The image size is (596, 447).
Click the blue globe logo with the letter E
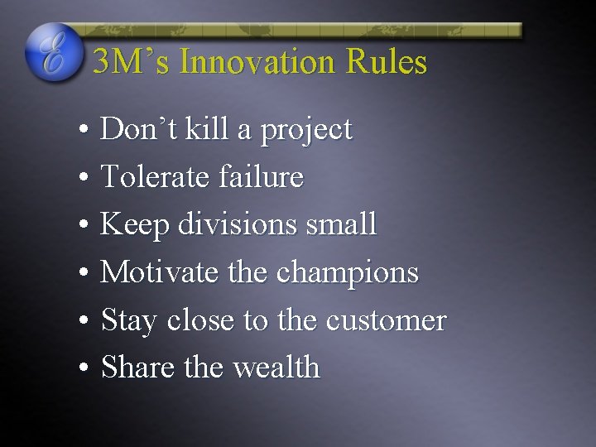54,51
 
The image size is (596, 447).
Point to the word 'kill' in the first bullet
208,129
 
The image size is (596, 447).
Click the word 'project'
306,131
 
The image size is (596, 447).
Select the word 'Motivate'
154,272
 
